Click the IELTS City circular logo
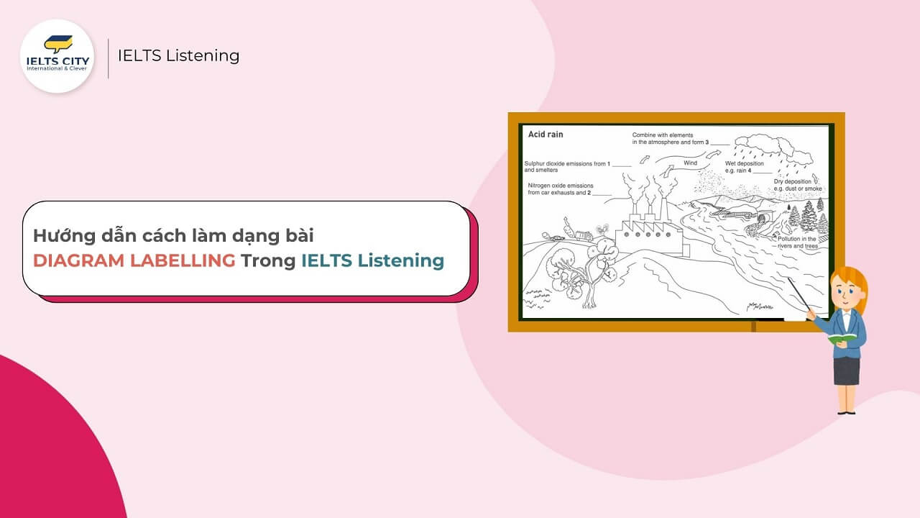pyautogui.click(x=57, y=56)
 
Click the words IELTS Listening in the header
pyautogui.click(x=178, y=55)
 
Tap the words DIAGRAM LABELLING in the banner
pyautogui.click(x=134, y=260)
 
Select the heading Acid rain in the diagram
pyautogui.click(x=546, y=135)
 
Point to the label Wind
pyautogui.click(x=690, y=163)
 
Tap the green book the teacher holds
pyautogui.click(x=842, y=336)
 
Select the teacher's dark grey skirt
pyautogui.click(x=846, y=371)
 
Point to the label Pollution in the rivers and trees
pyautogui.click(x=797, y=242)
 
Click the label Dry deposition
pyautogui.click(x=792, y=182)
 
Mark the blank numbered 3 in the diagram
pyautogui.click(x=720, y=142)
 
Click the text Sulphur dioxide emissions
pyautogui.click(x=566, y=164)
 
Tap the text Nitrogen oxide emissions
pyautogui.click(x=561, y=186)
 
